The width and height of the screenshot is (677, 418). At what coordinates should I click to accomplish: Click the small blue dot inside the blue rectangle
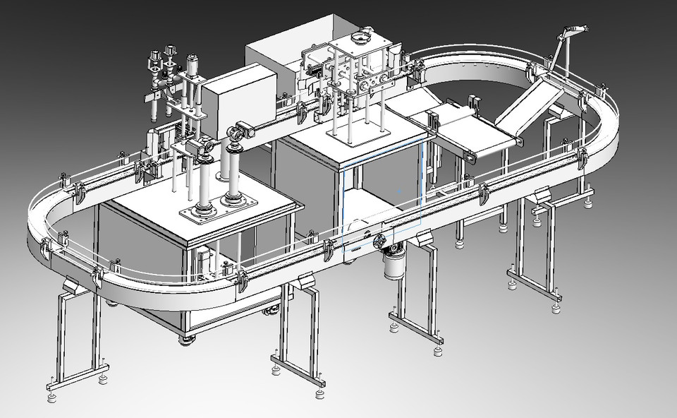point(400,189)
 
